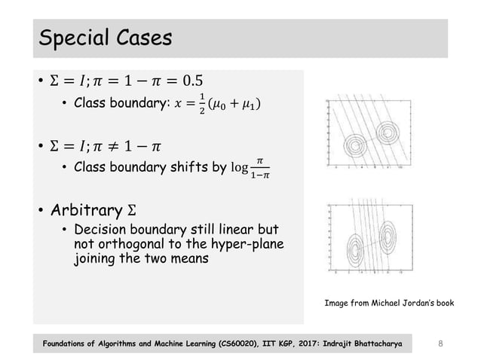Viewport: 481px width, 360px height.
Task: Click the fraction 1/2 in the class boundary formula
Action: pos(201,104)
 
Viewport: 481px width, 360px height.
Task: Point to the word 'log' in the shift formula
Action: pos(240,166)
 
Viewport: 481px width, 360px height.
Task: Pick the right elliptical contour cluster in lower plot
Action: pos(388,236)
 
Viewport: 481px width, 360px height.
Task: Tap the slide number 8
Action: pos(442,343)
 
